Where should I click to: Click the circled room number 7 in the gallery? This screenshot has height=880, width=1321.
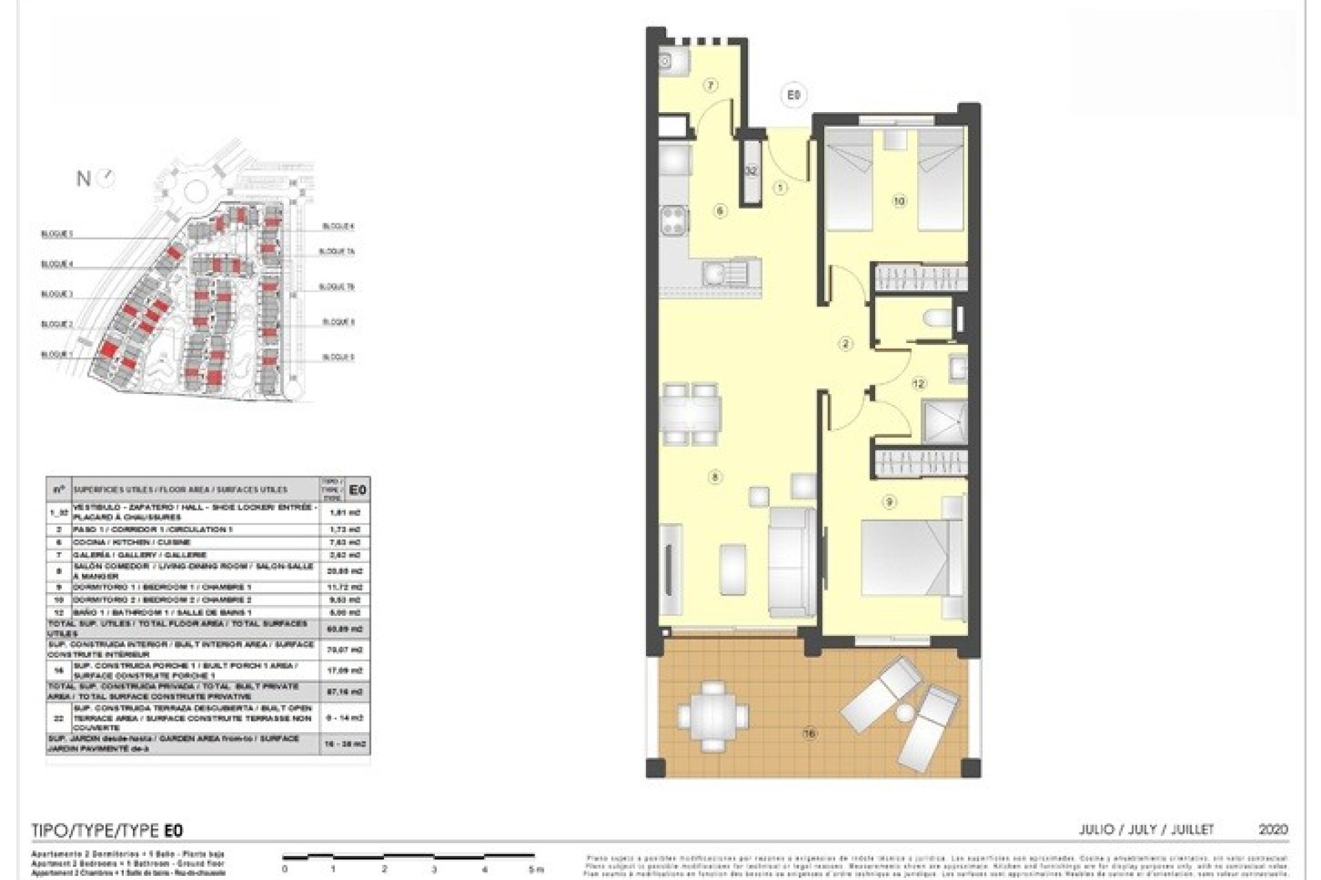[x=711, y=86]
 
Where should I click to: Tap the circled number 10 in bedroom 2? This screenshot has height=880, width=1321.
[x=899, y=201]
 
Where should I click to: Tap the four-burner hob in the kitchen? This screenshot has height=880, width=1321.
[x=674, y=221]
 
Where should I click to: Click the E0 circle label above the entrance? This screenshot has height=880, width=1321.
[x=793, y=95]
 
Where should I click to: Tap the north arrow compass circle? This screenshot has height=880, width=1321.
[x=107, y=179]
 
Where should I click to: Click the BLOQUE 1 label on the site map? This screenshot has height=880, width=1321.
[x=57, y=355]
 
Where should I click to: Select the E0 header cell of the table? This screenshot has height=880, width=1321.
[x=356, y=489]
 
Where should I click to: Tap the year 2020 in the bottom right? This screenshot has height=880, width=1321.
[x=1272, y=830]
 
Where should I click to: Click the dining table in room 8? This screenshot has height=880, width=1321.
[x=692, y=413]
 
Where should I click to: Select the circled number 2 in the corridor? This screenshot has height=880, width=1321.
[x=846, y=344]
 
